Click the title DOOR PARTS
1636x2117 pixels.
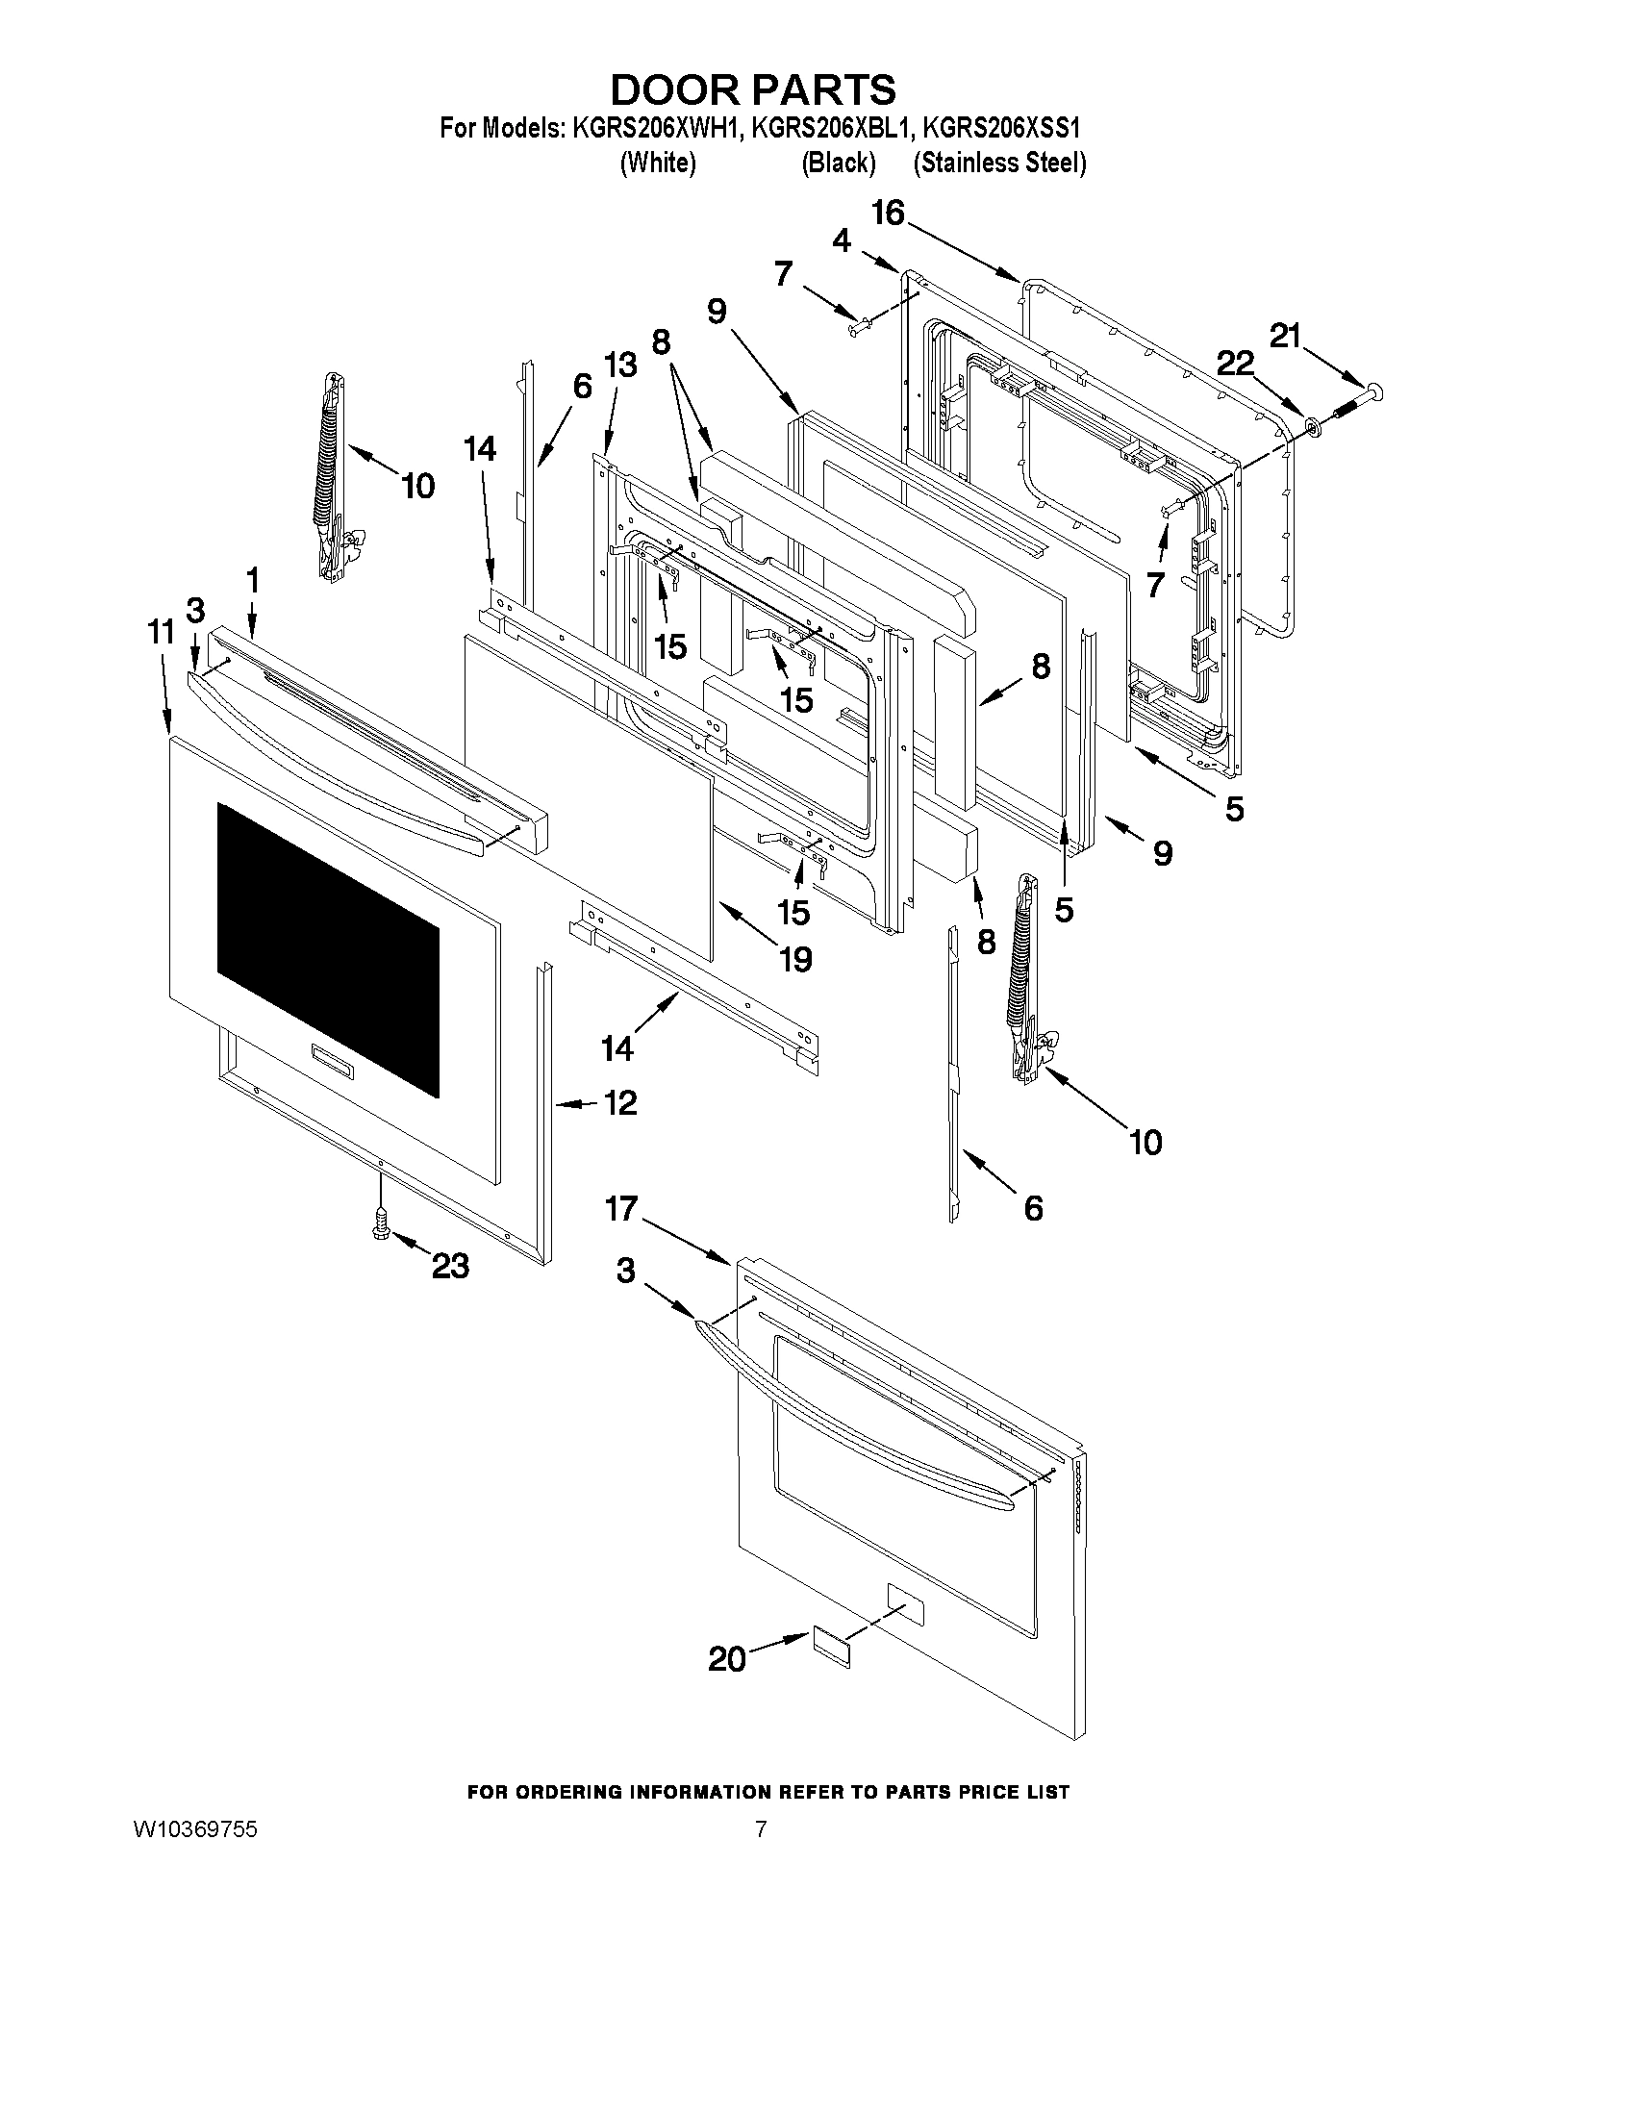753,89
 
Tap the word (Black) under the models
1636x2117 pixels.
839,163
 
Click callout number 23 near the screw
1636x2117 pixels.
451,1266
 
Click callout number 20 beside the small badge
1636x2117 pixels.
727,1659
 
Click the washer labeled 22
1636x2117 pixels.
1313,423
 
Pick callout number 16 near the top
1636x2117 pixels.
887,214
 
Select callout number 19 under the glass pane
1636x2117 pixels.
795,960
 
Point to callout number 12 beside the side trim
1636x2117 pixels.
620,1103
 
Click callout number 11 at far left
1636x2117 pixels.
161,632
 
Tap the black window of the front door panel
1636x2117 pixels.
328,950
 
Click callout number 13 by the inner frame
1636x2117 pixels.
620,365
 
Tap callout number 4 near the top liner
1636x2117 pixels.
842,240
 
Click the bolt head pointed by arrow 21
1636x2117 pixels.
1373,391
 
